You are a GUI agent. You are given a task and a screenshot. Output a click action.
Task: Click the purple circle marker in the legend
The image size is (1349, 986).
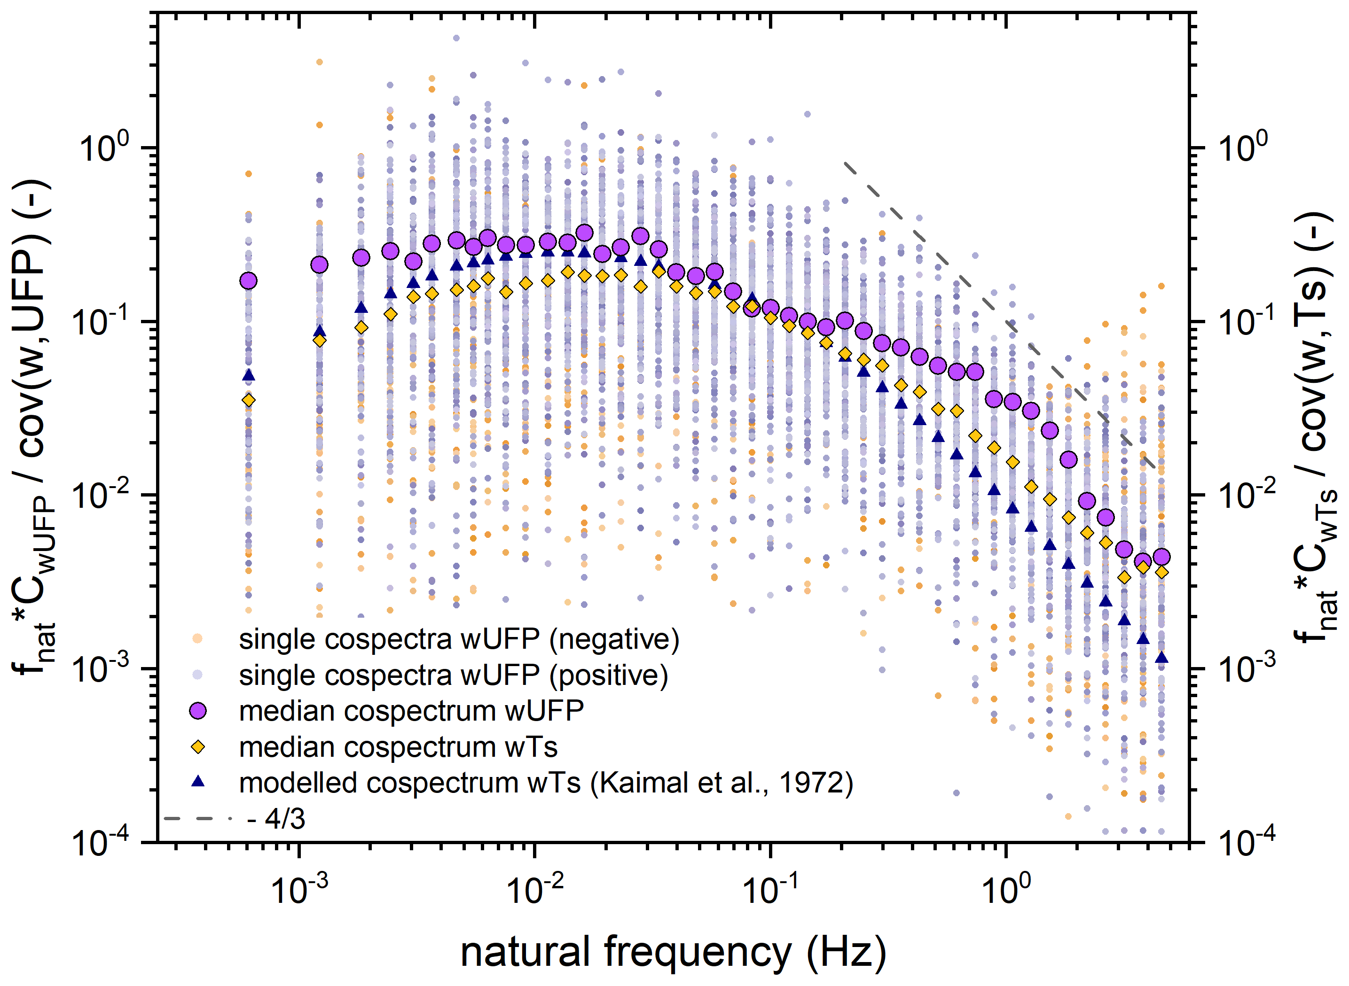click(198, 710)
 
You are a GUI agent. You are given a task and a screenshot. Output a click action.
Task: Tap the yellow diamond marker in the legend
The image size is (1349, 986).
click(198, 746)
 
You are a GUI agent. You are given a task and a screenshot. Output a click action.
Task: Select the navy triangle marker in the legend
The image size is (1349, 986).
click(198, 782)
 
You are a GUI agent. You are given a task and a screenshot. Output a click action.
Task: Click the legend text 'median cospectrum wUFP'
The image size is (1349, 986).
click(411, 711)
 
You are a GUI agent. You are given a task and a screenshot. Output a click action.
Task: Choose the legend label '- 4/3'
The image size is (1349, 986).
click(276, 819)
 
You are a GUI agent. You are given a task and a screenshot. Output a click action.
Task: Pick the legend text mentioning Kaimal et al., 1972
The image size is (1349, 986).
click(546, 783)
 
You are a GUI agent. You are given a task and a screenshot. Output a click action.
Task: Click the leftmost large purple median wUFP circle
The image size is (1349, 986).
click(249, 280)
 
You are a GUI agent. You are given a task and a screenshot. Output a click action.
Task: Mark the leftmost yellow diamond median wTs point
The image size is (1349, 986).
click(249, 400)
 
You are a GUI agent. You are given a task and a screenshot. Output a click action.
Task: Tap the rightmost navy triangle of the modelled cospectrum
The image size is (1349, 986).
click(1161, 658)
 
